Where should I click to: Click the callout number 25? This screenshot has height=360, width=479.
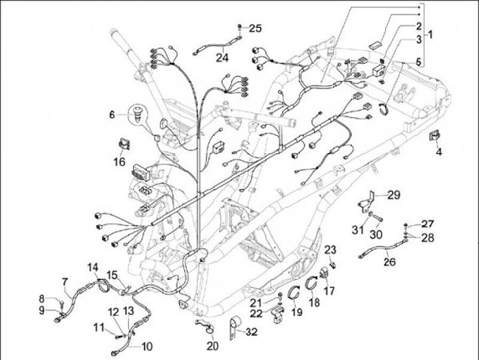255,28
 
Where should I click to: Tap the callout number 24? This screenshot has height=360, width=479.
222,57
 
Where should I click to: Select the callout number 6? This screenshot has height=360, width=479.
112,115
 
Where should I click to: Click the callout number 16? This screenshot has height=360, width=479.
120,161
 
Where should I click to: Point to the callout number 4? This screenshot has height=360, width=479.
438,152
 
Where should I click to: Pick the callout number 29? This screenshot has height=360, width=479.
394,195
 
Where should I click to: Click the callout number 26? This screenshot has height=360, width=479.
389,262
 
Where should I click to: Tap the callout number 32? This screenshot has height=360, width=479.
251,332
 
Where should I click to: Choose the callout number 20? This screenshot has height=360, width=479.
213,346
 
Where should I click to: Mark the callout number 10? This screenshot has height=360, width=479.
147,347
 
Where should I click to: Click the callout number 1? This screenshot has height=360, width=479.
430,35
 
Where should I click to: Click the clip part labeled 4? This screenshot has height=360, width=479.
435,135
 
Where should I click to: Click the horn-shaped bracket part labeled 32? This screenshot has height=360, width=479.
235,327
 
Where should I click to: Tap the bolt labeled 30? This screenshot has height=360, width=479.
378,218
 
